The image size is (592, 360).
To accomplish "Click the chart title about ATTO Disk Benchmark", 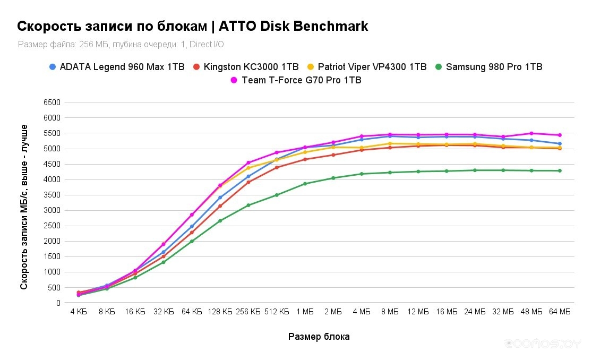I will click(192, 27).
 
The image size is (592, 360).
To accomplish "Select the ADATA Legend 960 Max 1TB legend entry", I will click(122, 67).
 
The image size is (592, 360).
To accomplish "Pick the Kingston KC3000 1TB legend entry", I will click(251, 67).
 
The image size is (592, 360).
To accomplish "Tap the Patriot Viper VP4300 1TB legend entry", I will click(372, 67).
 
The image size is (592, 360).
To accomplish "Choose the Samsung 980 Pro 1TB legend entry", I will click(494, 67).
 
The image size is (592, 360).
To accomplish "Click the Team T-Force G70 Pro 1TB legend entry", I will click(301, 80).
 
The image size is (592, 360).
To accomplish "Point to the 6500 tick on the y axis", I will click(52, 102).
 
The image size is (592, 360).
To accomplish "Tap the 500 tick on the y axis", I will click(54, 288).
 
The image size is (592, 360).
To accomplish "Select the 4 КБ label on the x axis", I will click(79, 312).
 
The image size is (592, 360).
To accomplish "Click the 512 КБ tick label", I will click(277, 312).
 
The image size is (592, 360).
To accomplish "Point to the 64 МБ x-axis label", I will click(560, 312).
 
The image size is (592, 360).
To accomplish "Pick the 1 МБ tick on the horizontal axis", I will click(305, 312).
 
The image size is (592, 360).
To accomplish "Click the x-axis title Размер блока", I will click(319, 337).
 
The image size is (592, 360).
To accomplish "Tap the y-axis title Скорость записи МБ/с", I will click(24, 207).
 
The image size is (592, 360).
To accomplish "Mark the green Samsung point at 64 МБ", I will click(560, 170).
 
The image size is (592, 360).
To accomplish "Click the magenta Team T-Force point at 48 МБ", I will click(531, 133).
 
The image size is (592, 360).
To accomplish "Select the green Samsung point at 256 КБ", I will click(248, 205).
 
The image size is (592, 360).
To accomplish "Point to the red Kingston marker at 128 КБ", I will click(220, 206).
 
